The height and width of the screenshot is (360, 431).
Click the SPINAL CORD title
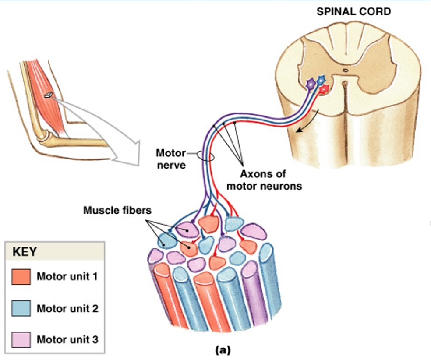tap(353, 11)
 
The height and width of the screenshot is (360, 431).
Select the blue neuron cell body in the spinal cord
tap(321, 80)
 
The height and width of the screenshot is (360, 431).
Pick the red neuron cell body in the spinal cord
tap(324, 89)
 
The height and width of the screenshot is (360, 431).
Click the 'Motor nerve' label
tap(170, 159)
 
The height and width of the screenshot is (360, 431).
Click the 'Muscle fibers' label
tap(117, 211)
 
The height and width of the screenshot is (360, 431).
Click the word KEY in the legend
tap(25, 252)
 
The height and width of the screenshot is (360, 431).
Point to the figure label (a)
tap(222, 350)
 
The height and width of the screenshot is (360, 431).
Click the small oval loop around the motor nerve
tap(205, 156)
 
